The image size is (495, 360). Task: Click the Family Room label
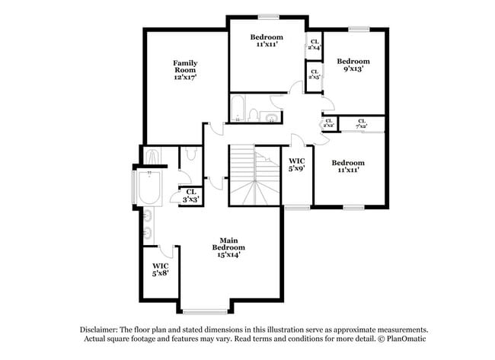click(185, 70)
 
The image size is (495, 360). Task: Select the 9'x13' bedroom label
click(353, 65)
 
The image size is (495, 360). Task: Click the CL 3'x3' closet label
click(190, 195)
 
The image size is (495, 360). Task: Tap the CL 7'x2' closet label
click(362, 124)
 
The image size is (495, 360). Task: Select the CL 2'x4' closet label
click(314, 43)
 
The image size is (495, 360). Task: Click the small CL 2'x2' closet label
click(329, 123)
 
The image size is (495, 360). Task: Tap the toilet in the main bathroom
click(191, 155)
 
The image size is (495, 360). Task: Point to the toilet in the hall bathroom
click(254, 114)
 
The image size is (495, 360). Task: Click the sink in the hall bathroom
click(271, 116)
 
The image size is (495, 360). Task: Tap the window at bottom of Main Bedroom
click(204, 311)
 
